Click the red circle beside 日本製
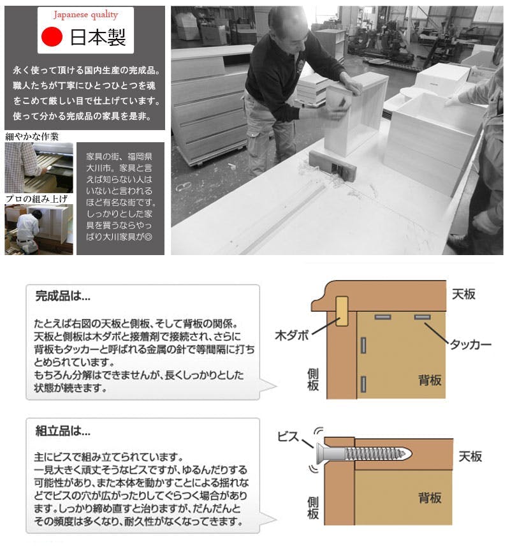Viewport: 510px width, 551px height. [52, 37]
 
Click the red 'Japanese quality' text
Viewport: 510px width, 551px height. [85, 15]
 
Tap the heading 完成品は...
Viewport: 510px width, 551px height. [63, 296]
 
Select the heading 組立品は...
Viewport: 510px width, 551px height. [63, 430]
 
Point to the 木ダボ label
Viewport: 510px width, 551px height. [292, 335]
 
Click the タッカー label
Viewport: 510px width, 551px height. [470, 344]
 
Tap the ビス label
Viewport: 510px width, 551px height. [288, 437]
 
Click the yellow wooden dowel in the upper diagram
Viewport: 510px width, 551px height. [342, 311]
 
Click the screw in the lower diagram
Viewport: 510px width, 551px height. [364, 453]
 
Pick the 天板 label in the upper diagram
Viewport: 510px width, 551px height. [463, 294]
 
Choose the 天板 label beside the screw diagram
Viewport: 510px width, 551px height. [470, 457]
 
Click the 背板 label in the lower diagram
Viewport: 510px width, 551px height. [430, 497]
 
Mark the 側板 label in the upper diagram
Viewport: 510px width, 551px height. [313, 380]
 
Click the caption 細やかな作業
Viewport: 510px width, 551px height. [32, 136]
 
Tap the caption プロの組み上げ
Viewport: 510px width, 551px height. [36, 199]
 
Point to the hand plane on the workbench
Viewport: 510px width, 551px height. [332, 165]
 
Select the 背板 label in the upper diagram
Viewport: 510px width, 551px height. [430, 380]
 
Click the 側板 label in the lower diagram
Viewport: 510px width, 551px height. [313, 508]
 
